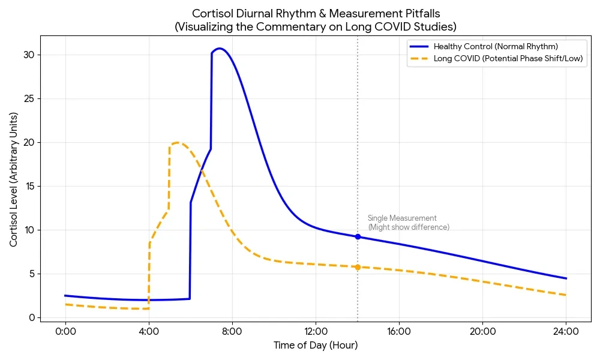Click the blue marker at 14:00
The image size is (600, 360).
(x=358, y=237)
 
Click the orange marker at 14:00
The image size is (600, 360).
(x=358, y=267)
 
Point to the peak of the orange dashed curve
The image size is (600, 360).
(x=176, y=143)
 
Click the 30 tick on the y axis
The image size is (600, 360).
(x=29, y=55)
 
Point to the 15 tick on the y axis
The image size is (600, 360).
(x=29, y=187)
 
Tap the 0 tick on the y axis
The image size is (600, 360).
(x=32, y=318)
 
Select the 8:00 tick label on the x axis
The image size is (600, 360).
(x=232, y=331)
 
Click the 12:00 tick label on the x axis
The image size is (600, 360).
(x=316, y=331)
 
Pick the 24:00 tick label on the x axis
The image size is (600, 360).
(x=566, y=331)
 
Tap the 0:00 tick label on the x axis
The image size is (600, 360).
(x=65, y=331)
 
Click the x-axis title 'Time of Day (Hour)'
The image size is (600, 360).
(x=316, y=346)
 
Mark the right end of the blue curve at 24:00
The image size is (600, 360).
(x=566, y=278)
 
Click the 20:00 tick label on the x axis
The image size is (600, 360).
(x=482, y=331)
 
